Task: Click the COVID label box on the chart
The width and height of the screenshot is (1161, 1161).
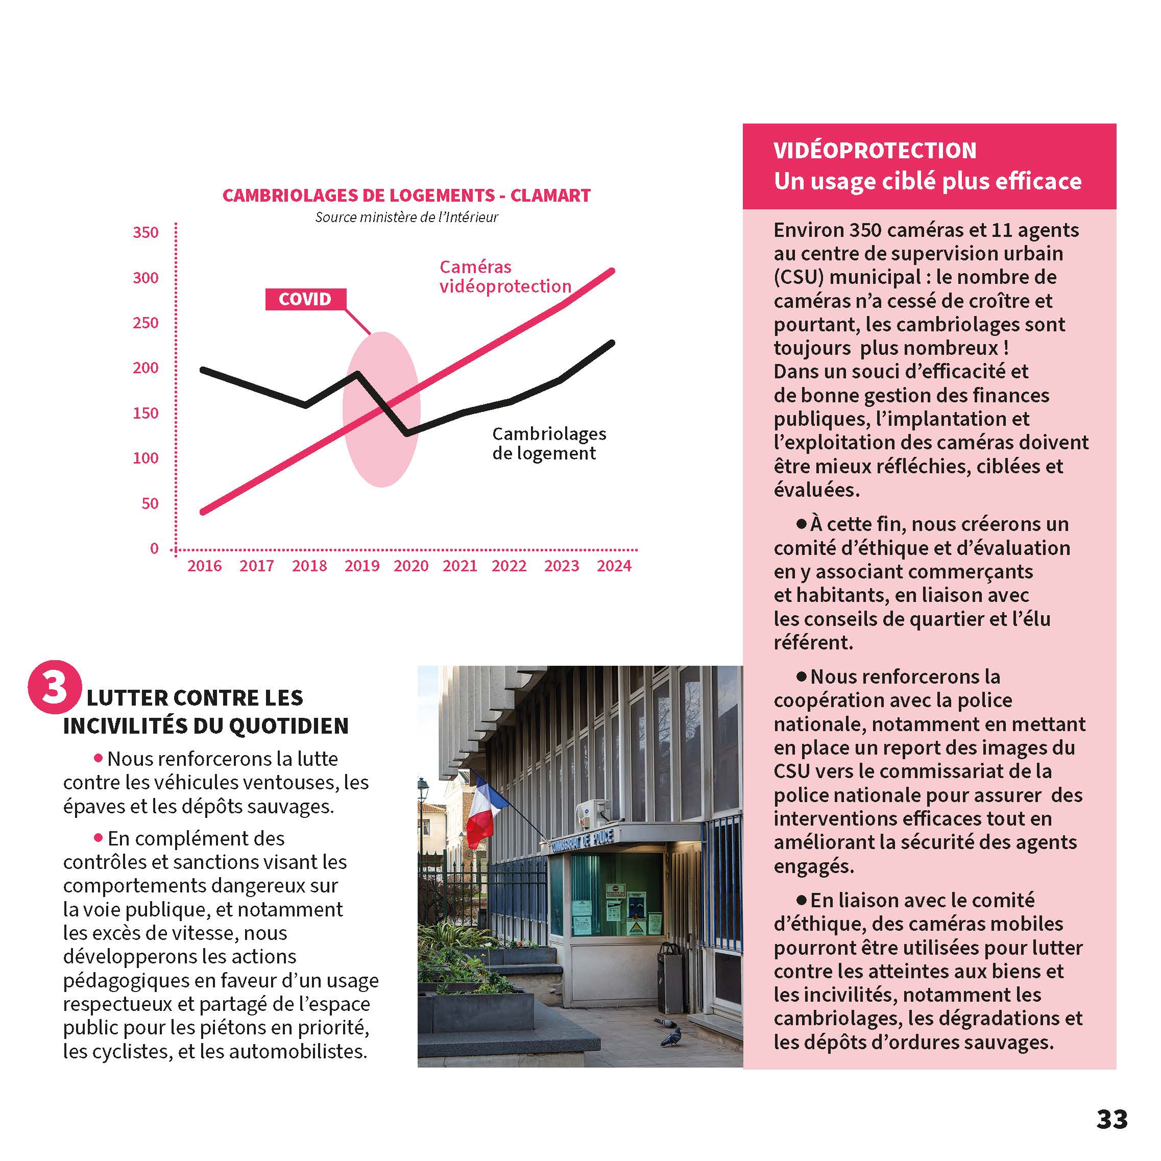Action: tap(305, 299)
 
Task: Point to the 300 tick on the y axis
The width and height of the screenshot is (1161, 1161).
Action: tap(146, 278)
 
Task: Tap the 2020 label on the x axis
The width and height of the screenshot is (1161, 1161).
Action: tap(411, 566)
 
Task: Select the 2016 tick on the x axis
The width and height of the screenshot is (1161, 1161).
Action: tap(204, 566)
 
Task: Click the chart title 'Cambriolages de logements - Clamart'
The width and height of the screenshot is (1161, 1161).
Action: tap(406, 196)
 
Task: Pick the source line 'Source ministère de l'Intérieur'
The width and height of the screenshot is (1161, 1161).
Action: tap(406, 217)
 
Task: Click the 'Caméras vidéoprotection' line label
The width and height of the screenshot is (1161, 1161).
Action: tap(505, 276)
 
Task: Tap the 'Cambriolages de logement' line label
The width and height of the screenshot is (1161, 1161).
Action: tap(549, 444)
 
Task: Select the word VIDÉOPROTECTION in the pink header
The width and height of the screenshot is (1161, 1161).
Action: tap(875, 150)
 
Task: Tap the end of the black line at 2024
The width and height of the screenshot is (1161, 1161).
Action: tap(612, 343)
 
